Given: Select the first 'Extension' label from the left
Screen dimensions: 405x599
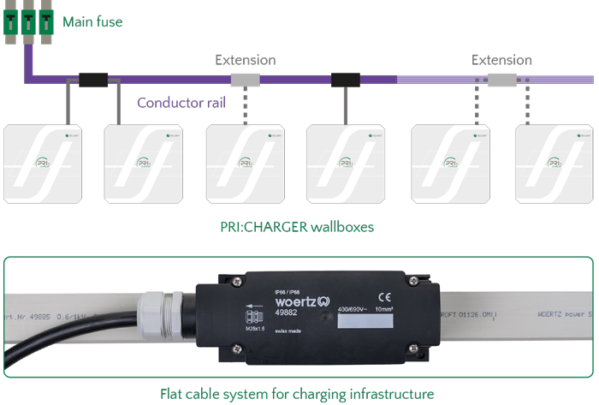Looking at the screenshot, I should click(245, 60).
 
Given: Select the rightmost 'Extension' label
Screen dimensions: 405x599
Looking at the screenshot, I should click(502, 60).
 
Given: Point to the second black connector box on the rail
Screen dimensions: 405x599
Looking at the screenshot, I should click(345, 80).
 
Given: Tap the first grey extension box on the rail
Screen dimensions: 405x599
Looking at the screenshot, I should click(245, 80).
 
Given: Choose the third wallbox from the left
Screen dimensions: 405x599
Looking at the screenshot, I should click(246, 164).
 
